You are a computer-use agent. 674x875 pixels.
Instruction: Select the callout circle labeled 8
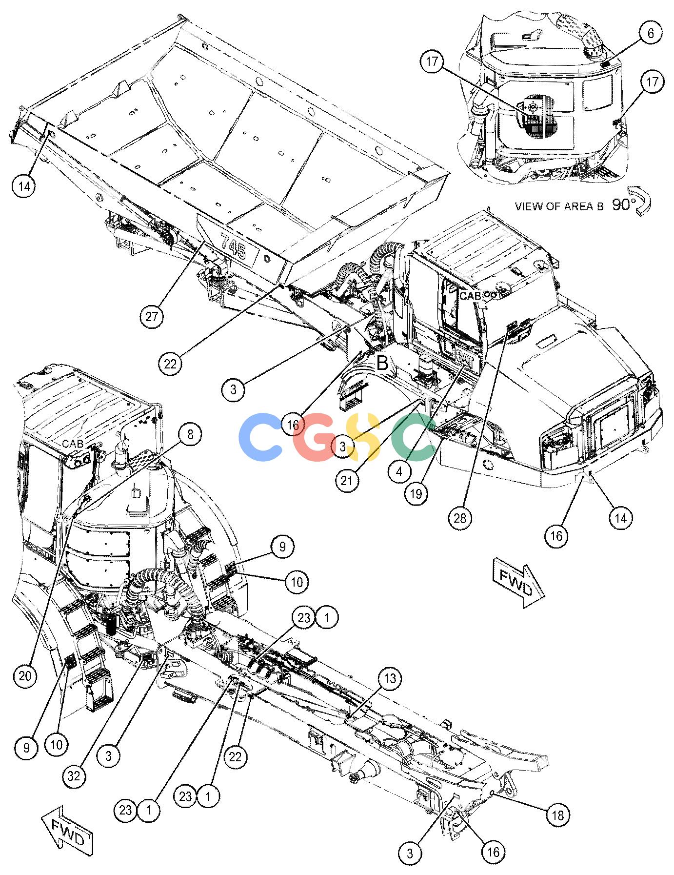point(190,434)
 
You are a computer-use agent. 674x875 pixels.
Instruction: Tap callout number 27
point(152,317)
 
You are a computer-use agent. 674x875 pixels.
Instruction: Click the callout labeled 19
point(416,494)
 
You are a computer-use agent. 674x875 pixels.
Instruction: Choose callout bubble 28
point(460,518)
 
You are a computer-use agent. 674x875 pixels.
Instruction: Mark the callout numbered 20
point(25,676)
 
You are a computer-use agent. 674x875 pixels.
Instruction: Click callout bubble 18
point(558,815)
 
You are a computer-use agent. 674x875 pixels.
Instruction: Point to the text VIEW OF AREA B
point(559,206)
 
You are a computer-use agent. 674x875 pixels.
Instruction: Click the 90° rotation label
point(621,205)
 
